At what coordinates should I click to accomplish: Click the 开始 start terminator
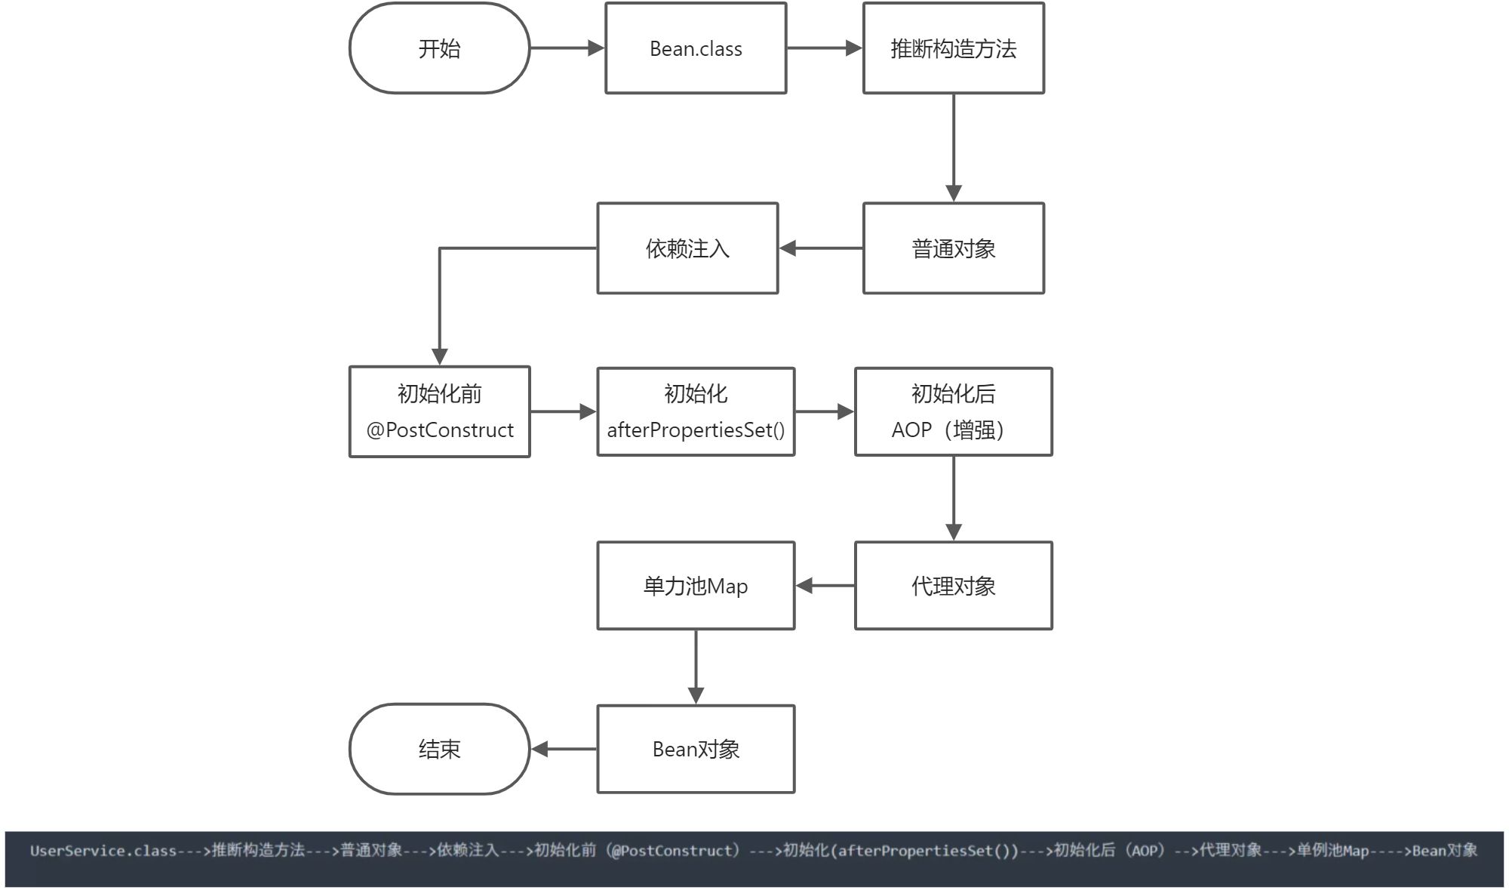pyautogui.click(x=439, y=48)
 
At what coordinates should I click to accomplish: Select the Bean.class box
pyautogui.click(x=696, y=48)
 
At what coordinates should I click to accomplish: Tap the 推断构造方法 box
pyautogui.click(x=954, y=48)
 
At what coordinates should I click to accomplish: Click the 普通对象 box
pyautogui.click(x=954, y=248)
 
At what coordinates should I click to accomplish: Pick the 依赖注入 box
pyautogui.click(x=687, y=248)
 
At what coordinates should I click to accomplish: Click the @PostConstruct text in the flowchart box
pyautogui.click(x=440, y=430)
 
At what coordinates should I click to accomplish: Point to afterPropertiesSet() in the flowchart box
pyautogui.click(x=696, y=430)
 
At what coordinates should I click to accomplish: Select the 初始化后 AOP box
pyautogui.click(x=954, y=412)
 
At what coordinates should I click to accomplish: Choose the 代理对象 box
pyautogui.click(x=954, y=586)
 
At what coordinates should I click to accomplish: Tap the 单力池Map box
pyautogui.click(x=696, y=586)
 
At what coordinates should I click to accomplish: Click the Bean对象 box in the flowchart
pyautogui.click(x=696, y=749)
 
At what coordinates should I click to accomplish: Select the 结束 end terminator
pyautogui.click(x=439, y=749)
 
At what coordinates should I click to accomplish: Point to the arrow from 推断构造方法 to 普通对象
pyautogui.click(x=954, y=148)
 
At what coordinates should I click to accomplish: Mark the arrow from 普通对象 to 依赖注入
pyautogui.click(x=821, y=248)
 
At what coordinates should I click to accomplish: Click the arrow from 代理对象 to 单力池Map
pyautogui.click(x=825, y=586)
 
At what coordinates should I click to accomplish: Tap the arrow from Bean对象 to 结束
pyautogui.click(x=564, y=749)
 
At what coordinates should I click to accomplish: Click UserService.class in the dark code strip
pyautogui.click(x=103, y=851)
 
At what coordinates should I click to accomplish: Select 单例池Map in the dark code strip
pyautogui.click(x=1332, y=851)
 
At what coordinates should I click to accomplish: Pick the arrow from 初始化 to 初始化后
pyautogui.click(x=825, y=412)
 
